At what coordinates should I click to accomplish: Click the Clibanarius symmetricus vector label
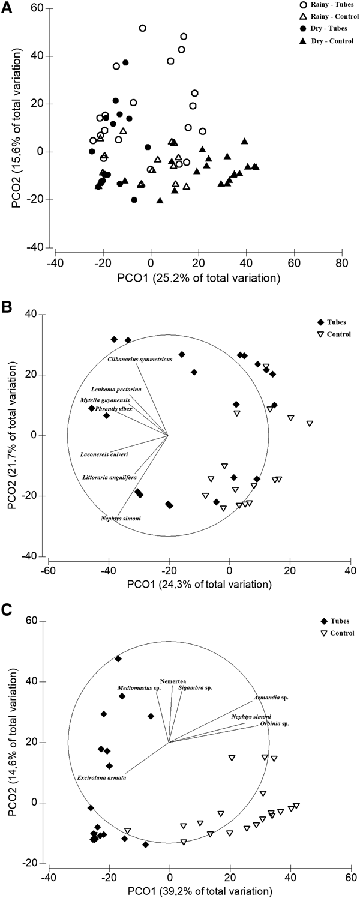pos(140,359)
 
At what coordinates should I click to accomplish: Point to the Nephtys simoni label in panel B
pos(121,517)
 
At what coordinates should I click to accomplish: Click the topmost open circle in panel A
pos(143,28)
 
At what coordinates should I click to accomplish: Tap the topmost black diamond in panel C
pos(118,658)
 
